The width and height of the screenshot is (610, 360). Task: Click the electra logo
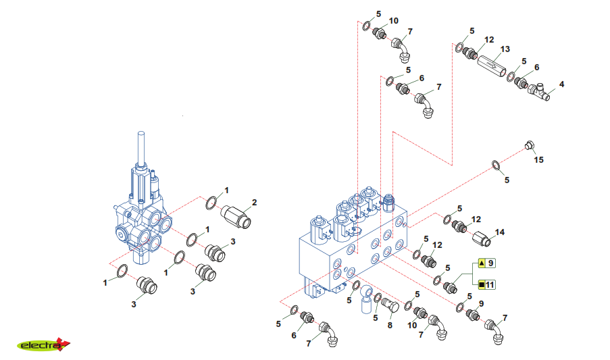[x=43, y=344]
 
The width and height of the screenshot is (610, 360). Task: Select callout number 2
[x=255, y=203]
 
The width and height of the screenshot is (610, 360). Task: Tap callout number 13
[x=505, y=49]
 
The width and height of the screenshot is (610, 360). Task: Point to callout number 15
[x=538, y=160]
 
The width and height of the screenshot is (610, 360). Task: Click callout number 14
[x=500, y=232]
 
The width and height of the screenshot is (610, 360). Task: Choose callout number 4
[x=561, y=84]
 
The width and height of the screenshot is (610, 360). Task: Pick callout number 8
[x=390, y=326]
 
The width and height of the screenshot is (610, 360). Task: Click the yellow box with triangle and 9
[x=486, y=263]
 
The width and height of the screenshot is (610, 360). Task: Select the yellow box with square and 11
[x=486, y=284]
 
